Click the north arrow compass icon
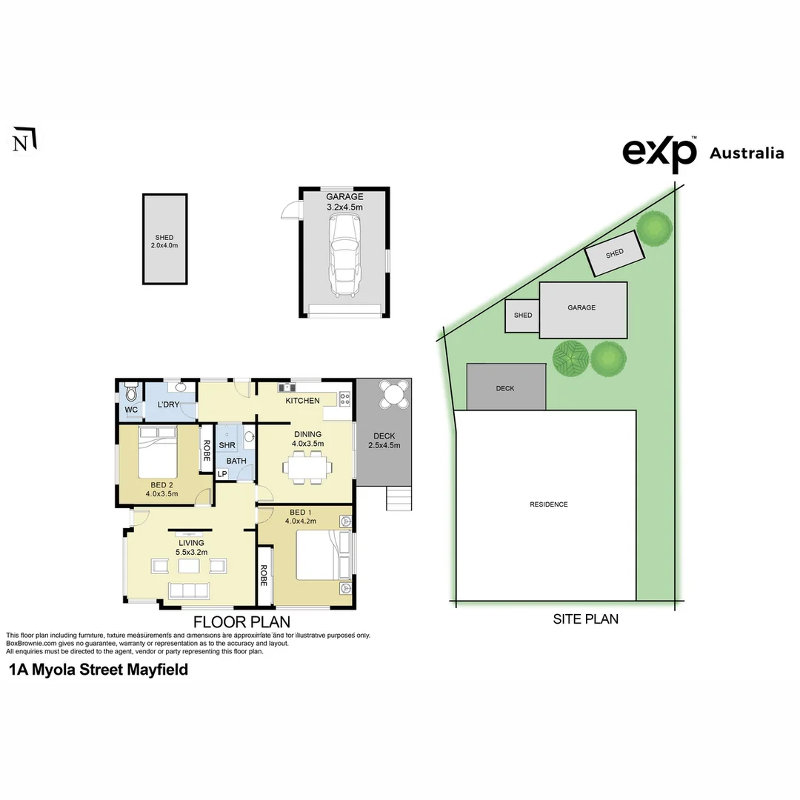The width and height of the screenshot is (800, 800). (x=25, y=140)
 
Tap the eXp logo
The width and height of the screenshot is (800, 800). (x=659, y=153)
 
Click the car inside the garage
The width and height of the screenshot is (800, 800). (x=344, y=256)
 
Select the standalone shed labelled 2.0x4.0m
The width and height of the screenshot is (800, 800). (x=164, y=239)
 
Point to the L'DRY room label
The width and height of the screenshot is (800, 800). (x=169, y=404)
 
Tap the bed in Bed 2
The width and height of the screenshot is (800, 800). (x=158, y=452)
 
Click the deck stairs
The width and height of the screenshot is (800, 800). (x=398, y=499)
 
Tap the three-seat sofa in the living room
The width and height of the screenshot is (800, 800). (x=190, y=590)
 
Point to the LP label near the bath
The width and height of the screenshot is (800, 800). (x=221, y=474)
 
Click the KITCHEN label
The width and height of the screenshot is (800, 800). (x=303, y=401)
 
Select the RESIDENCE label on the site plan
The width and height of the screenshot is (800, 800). (x=549, y=504)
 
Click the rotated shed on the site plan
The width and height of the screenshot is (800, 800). (x=614, y=253)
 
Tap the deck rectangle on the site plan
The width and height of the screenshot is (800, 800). (x=506, y=387)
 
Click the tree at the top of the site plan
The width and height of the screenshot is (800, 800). (x=655, y=228)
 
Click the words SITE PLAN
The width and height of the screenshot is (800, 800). (x=585, y=619)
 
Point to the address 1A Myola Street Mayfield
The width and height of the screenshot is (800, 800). (x=99, y=670)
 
